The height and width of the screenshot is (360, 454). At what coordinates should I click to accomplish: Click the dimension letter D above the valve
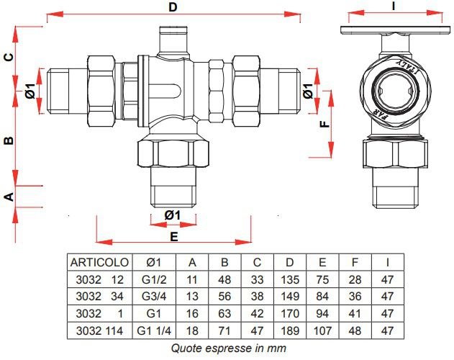point(173,7)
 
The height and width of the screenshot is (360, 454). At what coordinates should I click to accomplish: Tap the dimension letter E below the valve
point(173,237)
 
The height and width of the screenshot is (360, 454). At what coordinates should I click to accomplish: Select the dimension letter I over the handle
point(393,6)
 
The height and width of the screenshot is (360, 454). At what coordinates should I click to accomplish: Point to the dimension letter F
point(325,124)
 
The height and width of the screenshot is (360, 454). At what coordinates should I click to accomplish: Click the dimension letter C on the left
point(9,57)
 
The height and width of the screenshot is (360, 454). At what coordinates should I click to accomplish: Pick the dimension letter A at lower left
point(9,197)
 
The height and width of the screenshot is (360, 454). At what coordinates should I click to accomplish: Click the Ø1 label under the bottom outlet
point(173,215)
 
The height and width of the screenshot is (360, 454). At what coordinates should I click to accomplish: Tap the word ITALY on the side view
point(407,67)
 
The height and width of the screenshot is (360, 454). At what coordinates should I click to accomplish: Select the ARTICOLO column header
point(99,262)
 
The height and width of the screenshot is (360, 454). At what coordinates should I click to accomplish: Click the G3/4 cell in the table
point(154,296)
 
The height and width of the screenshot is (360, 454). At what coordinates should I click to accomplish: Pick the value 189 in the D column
point(290,330)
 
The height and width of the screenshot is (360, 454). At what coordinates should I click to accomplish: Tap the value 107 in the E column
point(322,330)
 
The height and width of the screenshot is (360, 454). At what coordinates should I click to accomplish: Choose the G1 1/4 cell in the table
point(154,330)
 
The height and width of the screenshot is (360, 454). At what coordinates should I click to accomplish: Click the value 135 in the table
point(290,279)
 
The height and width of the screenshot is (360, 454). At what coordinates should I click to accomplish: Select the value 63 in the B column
point(224,314)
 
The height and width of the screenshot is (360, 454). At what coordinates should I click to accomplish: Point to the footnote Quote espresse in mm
point(229,348)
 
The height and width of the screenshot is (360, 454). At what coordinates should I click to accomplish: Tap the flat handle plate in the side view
point(396,30)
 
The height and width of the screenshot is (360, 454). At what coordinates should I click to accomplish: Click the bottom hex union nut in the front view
point(173,153)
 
